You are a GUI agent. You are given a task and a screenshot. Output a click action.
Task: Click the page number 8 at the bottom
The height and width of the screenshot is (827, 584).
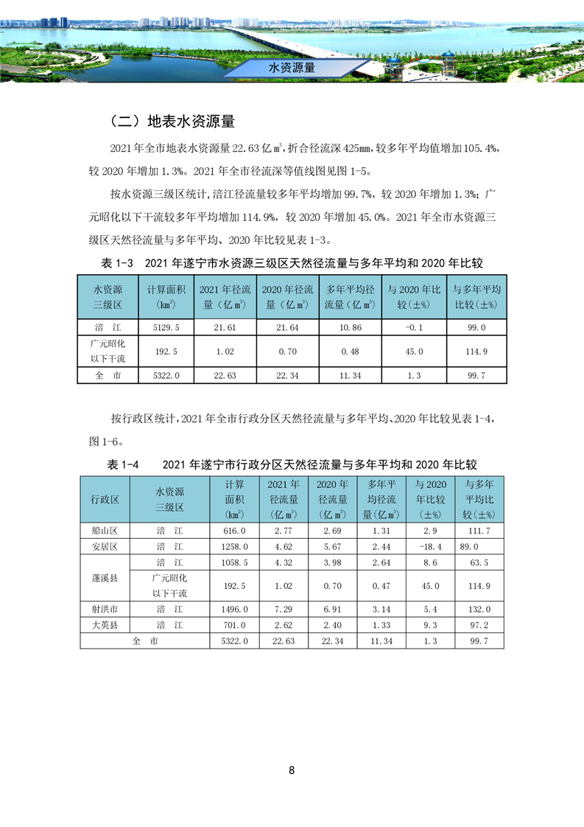[x=292, y=770]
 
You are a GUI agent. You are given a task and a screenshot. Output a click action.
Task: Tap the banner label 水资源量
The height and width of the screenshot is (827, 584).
[x=292, y=68]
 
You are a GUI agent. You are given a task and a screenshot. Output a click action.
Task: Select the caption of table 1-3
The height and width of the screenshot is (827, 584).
[x=291, y=263]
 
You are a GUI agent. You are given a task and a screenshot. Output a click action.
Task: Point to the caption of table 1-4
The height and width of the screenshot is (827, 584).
[x=292, y=464]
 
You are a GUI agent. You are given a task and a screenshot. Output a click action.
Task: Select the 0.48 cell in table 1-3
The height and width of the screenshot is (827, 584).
[x=351, y=352]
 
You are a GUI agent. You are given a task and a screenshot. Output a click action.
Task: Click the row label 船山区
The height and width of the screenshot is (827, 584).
[x=105, y=531]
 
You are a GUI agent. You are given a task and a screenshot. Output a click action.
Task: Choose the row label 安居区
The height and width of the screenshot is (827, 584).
[x=105, y=546]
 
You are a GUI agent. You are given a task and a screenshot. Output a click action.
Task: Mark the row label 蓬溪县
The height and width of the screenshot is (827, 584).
[x=105, y=578]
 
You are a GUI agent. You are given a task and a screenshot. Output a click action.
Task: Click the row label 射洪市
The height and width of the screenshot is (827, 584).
[x=105, y=610]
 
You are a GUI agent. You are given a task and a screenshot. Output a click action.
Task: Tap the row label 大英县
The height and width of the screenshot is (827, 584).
[x=105, y=625]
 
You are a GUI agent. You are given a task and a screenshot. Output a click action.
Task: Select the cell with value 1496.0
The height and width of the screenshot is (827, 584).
[x=234, y=610]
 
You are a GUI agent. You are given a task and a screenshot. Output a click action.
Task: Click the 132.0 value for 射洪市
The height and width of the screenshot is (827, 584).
[x=479, y=610]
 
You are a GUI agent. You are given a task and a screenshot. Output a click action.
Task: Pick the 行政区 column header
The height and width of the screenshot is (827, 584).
[x=105, y=499]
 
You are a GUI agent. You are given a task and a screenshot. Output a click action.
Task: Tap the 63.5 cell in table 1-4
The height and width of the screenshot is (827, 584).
[x=479, y=562]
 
